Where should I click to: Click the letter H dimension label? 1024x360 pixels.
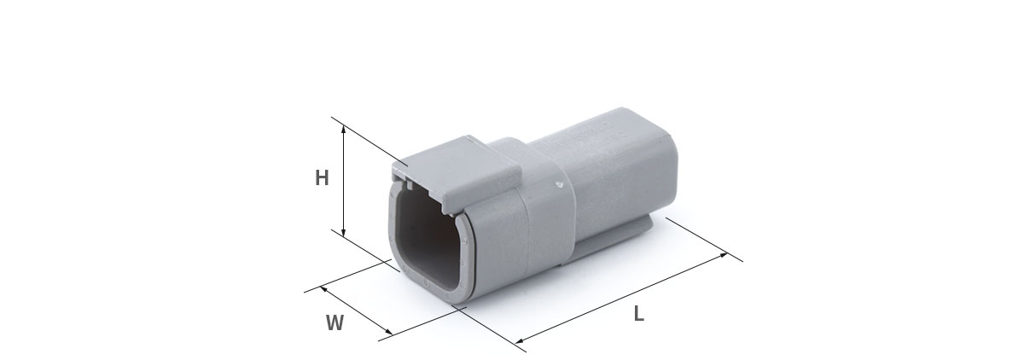(322, 177)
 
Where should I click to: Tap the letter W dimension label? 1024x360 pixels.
(335, 323)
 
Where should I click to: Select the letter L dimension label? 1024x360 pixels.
(638, 313)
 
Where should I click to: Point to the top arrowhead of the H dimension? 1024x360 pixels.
(344, 131)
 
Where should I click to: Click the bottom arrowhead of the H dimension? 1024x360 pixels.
(344, 233)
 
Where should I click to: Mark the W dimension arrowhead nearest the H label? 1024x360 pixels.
(324, 288)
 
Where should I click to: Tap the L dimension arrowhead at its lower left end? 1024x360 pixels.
(521, 340)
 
